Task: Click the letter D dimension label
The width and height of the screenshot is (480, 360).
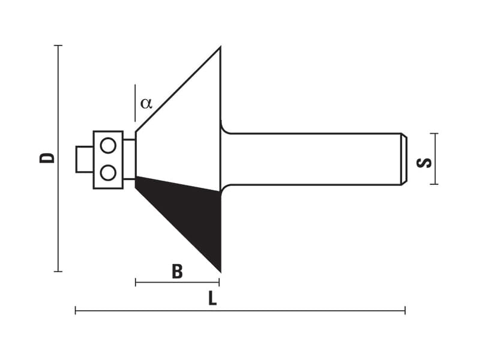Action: coord(47,158)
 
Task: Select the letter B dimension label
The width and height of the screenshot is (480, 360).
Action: coord(177,271)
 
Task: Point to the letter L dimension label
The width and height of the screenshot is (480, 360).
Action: coord(212,298)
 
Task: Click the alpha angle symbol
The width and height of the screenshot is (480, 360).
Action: coord(146,103)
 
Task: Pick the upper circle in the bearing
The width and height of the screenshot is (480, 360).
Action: coord(108,145)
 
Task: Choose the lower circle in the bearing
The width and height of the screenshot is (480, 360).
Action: coord(108,173)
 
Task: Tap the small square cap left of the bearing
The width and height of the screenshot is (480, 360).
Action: coord(85,159)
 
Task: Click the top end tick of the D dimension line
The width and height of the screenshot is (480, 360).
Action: coord(58,46)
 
